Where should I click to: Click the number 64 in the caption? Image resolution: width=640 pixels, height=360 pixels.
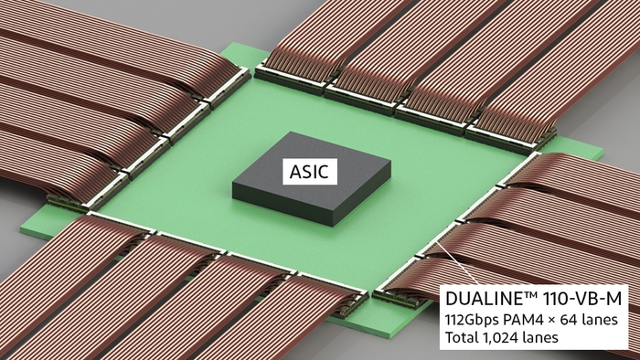(578, 319)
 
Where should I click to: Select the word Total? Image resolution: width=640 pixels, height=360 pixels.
(463, 339)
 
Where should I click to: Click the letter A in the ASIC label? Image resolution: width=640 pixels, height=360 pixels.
(294, 171)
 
